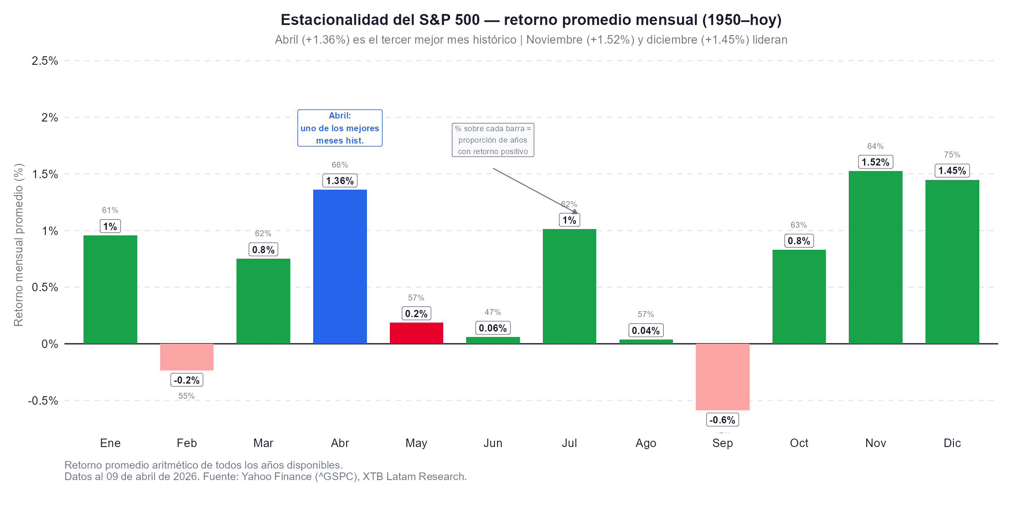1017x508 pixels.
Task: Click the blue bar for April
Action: coord(340,267)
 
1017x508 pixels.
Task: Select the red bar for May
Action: coord(416,333)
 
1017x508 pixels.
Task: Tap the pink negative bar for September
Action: coord(722,377)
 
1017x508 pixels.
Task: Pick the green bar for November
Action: coord(875,257)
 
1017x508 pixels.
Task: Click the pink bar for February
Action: coord(186,357)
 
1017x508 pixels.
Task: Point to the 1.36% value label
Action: coord(340,181)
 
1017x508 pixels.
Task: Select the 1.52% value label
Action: coord(875,162)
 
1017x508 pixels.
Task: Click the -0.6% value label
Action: coord(722,420)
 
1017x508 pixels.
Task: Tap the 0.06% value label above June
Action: coord(493,328)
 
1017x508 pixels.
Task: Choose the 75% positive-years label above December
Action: coord(952,155)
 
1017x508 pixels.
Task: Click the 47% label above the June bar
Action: coord(493,312)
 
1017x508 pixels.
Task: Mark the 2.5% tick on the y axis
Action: coord(45,61)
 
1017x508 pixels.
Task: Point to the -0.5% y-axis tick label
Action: coord(43,400)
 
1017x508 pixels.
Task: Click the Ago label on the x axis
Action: coord(646,443)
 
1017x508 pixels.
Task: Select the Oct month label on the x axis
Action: coord(799,443)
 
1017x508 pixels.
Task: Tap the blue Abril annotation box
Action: coord(340,128)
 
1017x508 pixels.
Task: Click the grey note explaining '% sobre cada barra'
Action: coord(493,140)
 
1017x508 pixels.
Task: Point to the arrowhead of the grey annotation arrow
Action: coord(575,212)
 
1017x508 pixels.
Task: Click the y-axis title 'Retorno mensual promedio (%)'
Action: coord(19,245)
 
